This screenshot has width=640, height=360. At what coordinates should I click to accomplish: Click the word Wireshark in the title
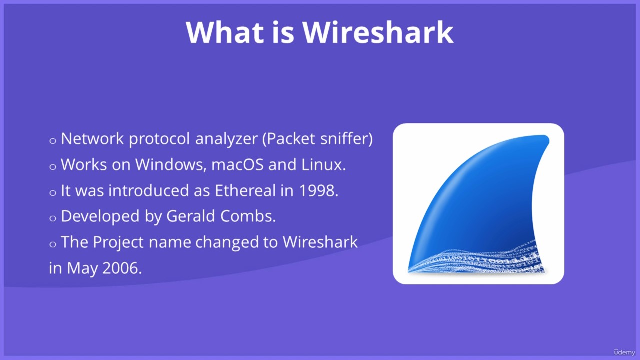tap(378, 32)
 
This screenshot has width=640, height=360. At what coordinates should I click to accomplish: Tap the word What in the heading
tap(225, 32)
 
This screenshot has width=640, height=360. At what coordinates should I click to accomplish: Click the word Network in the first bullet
tap(92, 139)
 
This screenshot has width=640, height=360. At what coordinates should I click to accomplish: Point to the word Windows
tap(171, 165)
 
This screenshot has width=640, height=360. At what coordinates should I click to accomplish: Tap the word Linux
tap(323, 165)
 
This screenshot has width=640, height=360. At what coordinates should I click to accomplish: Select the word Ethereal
tap(245, 190)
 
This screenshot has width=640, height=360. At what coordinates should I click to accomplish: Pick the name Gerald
tap(190, 216)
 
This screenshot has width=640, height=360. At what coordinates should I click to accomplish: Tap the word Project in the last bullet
tap(118, 243)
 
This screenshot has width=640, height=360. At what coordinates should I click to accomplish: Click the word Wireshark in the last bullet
tap(320, 242)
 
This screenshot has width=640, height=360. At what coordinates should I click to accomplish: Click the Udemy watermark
tap(624, 352)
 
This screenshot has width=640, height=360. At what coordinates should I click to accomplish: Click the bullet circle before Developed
tap(53, 218)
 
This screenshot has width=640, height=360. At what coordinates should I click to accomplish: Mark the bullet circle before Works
tap(53, 167)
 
